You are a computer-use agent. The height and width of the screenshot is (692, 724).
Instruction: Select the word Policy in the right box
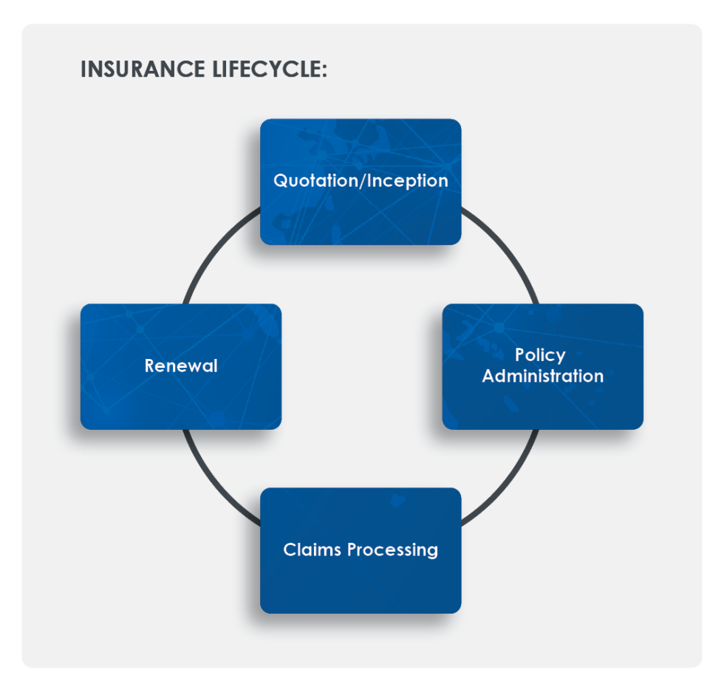click(x=540, y=355)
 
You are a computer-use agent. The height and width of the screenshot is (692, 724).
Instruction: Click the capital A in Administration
click(x=488, y=376)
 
